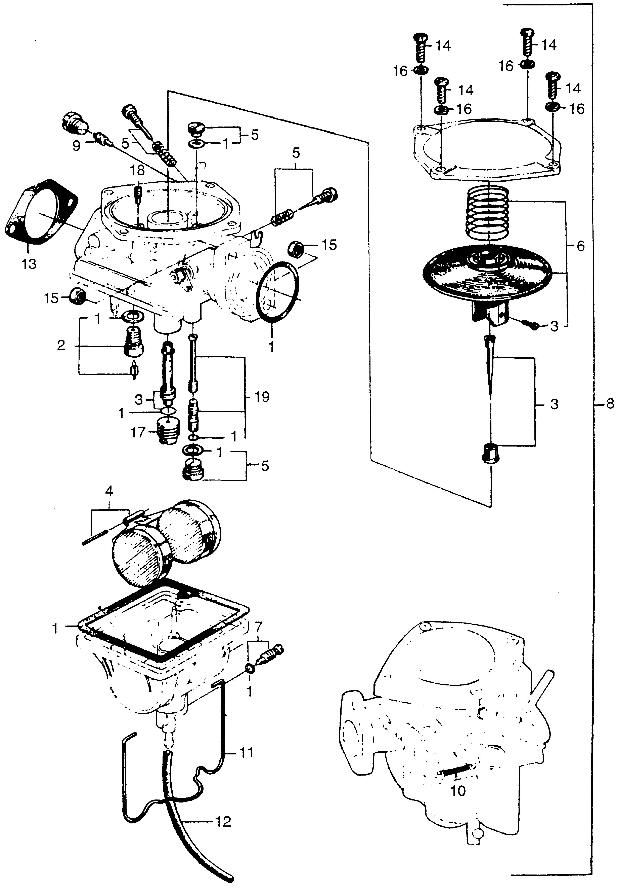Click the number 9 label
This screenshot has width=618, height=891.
[x=76, y=146]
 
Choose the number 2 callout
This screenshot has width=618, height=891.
[x=61, y=345]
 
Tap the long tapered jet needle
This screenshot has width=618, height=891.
[x=489, y=368]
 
